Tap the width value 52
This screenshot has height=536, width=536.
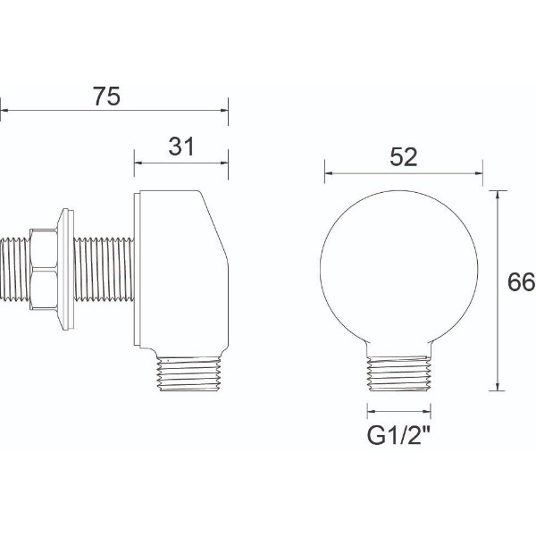tap(404, 157)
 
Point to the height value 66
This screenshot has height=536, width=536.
tap(521, 283)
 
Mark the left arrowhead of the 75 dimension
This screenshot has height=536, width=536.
tap(4, 112)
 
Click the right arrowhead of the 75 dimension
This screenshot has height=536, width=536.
tap(225, 112)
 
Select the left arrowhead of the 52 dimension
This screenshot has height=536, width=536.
tap(328, 172)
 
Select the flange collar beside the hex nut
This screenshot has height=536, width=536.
tap(63, 269)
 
